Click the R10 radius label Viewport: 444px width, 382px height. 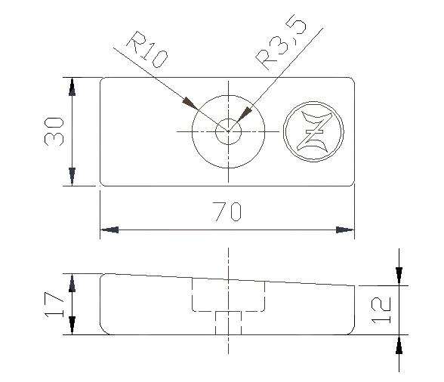[146, 51]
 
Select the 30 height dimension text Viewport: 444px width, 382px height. [54, 131]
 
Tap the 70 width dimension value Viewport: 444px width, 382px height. [227, 212]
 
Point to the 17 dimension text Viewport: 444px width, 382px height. [54, 303]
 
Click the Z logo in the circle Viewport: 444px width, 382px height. [313, 132]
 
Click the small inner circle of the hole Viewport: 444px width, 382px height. [227, 132]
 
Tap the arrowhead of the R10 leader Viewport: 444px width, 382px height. [190, 103]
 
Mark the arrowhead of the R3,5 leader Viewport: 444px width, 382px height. [243, 116]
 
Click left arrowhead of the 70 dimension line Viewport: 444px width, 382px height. [109, 229]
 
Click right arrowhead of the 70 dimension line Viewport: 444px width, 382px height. [345, 229]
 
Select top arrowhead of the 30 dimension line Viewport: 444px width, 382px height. [72, 86]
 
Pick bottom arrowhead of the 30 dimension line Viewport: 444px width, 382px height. [72, 177]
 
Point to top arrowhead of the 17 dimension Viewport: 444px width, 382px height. [72, 282]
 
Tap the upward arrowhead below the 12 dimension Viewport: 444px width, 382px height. [399, 344]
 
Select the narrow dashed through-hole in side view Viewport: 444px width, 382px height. [227, 322]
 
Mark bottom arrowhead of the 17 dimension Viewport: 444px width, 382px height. [72, 325]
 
